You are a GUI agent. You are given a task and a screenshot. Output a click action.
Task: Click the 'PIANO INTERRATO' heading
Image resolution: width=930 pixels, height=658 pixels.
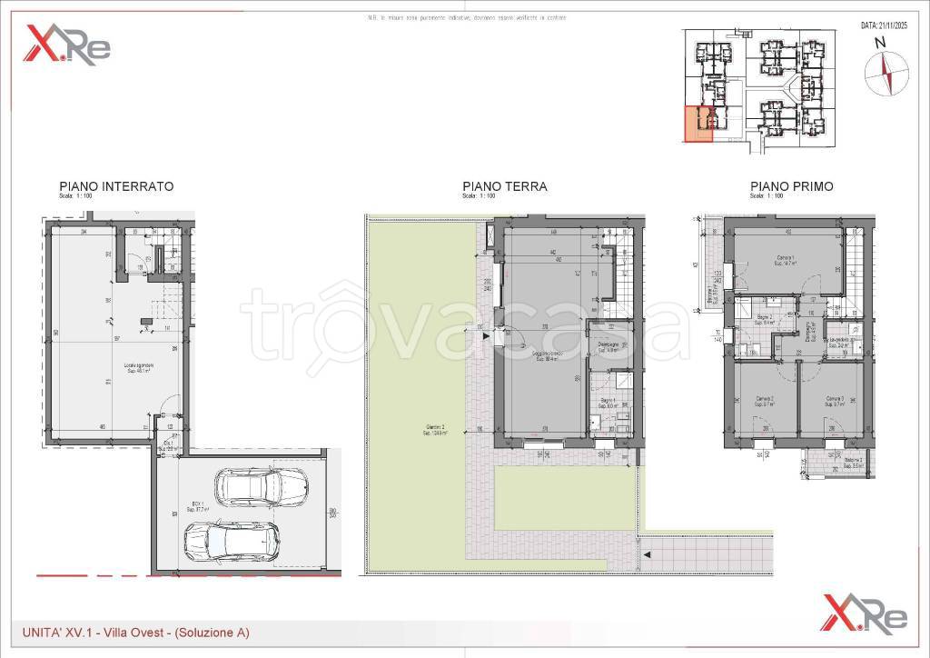(x=115, y=186)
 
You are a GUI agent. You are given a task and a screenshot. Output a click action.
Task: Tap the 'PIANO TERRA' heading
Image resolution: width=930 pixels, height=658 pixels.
(x=504, y=186)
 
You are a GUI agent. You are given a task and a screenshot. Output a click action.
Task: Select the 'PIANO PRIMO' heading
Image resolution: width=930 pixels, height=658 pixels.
(x=791, y=186)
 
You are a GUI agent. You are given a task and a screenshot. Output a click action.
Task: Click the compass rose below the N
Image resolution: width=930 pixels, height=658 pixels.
(x=879, y=73)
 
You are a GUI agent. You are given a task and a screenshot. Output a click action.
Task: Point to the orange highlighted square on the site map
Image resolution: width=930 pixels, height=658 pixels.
(x=697, y=124)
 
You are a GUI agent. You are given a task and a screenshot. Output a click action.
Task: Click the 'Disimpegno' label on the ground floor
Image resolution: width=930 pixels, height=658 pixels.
(x=608, y=345)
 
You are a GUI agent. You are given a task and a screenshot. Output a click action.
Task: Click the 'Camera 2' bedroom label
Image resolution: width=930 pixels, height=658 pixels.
(x=763, y=400)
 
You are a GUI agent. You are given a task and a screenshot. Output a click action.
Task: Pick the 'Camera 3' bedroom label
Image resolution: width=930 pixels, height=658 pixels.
(x=836, y=400)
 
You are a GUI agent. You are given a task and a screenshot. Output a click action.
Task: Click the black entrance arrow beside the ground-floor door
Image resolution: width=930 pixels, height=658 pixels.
(x=489, y=336)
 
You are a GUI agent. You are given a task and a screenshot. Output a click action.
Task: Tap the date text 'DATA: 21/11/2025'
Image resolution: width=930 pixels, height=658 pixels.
(x=884, y=27)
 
